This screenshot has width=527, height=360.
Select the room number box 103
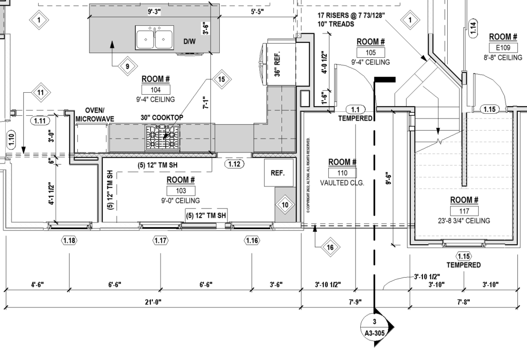coord(181,191)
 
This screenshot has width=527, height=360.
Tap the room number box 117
coord(464,211)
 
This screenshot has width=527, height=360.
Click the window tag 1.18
coord(69,241)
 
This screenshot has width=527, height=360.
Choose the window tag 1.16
coord(252,241)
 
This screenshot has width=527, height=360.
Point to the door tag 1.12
coord(234,164)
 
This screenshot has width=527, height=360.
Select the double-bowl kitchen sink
coord(154,37)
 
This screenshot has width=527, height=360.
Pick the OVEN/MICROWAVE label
coord(94,114)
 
